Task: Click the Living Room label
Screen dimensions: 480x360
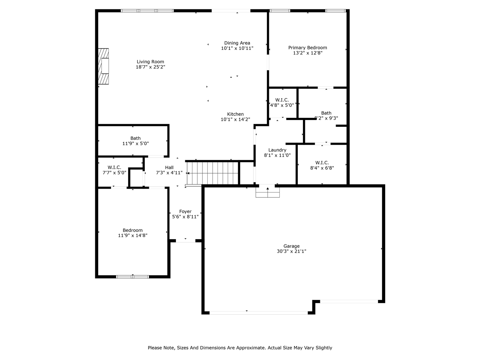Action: coord(150,61)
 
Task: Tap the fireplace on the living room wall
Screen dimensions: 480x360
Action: coord(103,66)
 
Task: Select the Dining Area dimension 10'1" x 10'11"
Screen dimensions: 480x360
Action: coord(237,48)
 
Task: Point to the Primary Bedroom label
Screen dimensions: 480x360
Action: coord(307,48)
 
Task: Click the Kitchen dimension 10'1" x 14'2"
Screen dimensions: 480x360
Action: coord(235,119)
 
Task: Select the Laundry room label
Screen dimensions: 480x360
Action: coord(277,150)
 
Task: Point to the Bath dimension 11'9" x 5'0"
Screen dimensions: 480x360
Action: coord(136,144)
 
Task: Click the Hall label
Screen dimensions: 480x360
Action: coord(169,167)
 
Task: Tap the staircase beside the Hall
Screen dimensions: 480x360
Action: coord(212,173)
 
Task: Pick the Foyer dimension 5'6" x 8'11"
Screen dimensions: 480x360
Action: coord(186,217)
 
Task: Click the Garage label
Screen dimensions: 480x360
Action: coord(291,246)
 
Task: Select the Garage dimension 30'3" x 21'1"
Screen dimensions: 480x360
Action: coord(291,251)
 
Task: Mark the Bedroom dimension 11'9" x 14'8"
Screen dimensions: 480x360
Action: coord(132,235)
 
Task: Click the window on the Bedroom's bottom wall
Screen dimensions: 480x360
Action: coord(132,277)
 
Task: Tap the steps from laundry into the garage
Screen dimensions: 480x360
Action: coord(268,192)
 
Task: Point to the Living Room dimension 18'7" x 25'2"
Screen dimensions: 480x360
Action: coord(150,67)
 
